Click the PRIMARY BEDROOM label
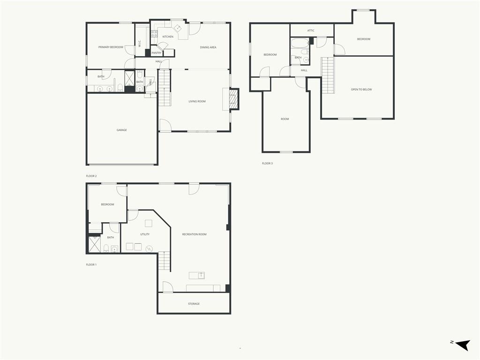(x=111, y=47)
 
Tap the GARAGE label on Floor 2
(x=121, y=130)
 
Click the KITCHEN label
(x=168, y=37)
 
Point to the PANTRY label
(x=157, y=53)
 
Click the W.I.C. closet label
(x=140, y=44)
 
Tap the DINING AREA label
(x=208, y=47)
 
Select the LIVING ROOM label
(x=197, y=101)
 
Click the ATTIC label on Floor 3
(x=311, y=30)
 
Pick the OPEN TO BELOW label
(x=361, y=90)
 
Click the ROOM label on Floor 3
(x=285, y=119)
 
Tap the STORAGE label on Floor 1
(x=194, y=304)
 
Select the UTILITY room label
(x=145, y=234)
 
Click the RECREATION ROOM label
(x=195, y=234)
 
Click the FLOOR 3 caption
(x=267, y=164)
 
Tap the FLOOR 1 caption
(x=91, y=265)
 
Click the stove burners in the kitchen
(x=154, y=34)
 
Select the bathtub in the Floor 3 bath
(x=300, y=43)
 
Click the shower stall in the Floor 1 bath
(x=95, y=244)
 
